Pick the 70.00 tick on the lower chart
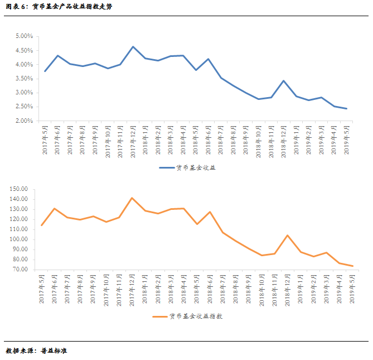tap(21, 270)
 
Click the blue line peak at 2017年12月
tap(133, 47)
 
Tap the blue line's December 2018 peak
tap(284, 80)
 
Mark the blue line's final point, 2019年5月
tap(347, 109)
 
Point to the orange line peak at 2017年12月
tap(132, 198)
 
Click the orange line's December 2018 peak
tap(287, 235)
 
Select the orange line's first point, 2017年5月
tap(41, 225)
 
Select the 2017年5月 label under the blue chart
tap(45, 142)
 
